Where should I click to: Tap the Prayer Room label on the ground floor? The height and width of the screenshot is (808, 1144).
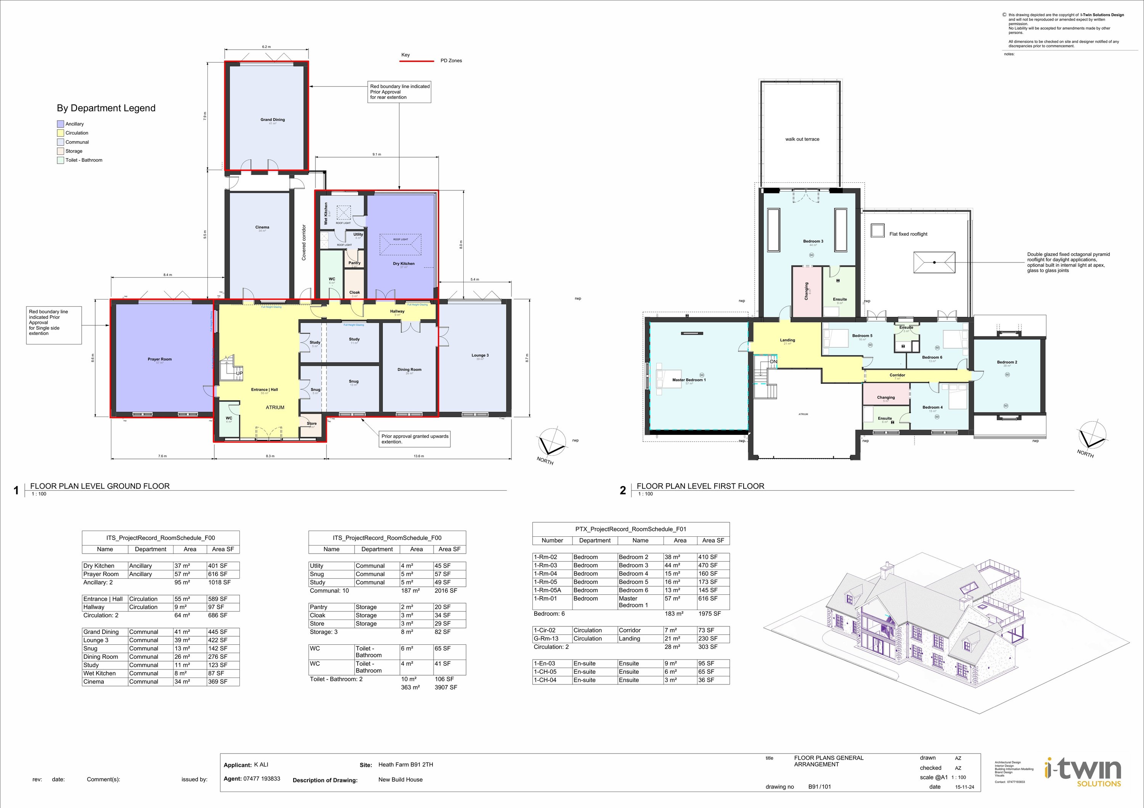pos(159,359)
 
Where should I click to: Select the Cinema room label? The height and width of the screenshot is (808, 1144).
pos(262,227)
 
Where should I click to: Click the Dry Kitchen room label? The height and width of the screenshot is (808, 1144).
pos(403,264)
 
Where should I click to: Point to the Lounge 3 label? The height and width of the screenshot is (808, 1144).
pos(480,356)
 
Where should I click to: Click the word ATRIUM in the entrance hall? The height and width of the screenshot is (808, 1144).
pos(275,407)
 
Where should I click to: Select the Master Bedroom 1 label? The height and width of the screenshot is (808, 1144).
pos(689,380)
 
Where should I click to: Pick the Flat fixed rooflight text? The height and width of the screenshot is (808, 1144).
pos(908,234)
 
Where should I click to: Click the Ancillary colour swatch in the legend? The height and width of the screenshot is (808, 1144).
pos(60,124)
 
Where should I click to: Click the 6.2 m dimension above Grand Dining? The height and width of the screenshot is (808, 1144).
pos(266,47)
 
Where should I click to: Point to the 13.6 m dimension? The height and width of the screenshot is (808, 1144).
pos(419,456)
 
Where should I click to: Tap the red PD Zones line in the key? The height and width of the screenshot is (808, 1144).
pos(416,61)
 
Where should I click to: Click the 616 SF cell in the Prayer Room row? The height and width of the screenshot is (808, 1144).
pos(217,574)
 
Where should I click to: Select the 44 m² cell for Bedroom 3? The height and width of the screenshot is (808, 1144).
pos(672,565)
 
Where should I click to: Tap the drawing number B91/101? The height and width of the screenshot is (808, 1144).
pos(819,787)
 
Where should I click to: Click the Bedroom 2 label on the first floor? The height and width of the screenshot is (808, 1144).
pos(1007,362)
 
